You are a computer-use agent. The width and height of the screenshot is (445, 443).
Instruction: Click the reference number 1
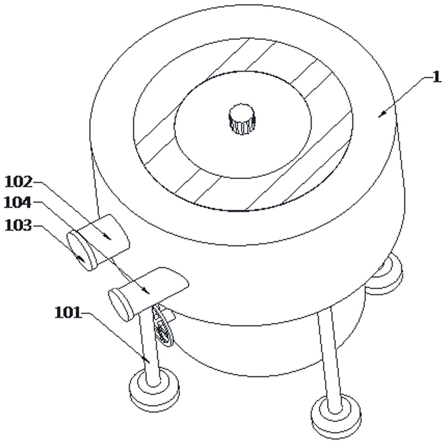point(436,78)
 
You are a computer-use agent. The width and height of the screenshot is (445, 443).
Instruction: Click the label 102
point(18,182)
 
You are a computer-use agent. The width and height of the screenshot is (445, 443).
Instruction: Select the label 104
point(18,203)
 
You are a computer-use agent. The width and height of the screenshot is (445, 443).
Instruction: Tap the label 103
point(18,225)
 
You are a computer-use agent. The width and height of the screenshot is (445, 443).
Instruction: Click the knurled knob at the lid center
point(242,119)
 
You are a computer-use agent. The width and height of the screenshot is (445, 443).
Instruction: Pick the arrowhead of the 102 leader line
point(109,238)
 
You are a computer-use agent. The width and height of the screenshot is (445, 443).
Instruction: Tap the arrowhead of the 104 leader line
point(148,292)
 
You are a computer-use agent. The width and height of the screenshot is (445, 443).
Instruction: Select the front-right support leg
point(329,359)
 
